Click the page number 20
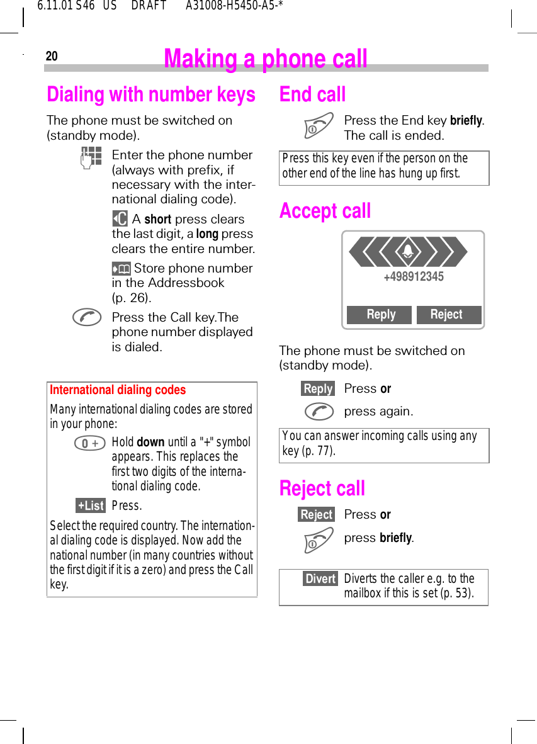(x=52, y=57)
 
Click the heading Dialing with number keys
(x=151, y=94)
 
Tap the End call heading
(x=312, y=94)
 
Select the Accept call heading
(x=325, y=211)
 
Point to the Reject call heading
(x=322, y=488)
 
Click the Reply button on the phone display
(x=380, y=315)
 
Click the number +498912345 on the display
(x=413, y=276)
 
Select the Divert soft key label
(x=320, y=578)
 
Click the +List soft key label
(x=91, y=505)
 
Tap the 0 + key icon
(x=90, y=444)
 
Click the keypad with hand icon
(x=91, y=157)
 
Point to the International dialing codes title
(x=118, y=390)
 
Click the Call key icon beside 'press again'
(x=319, y=412)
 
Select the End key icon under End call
(x=319, y=125)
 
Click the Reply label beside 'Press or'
(x=318, y=389)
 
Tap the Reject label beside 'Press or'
(x=316, y=515)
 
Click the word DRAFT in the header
(x=149, y=6)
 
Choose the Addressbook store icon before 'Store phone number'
(x=121, y=269)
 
